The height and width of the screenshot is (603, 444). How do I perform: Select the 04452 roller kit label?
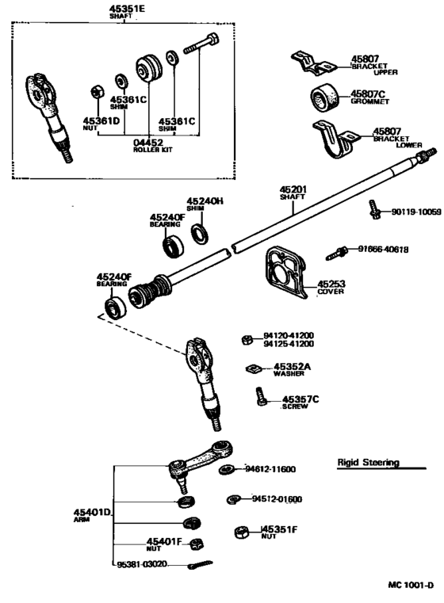pos(149,143)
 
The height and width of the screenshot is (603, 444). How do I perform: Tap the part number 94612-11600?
pos(270,469)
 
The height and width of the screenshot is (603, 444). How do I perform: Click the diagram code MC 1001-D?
pos(411,586)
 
